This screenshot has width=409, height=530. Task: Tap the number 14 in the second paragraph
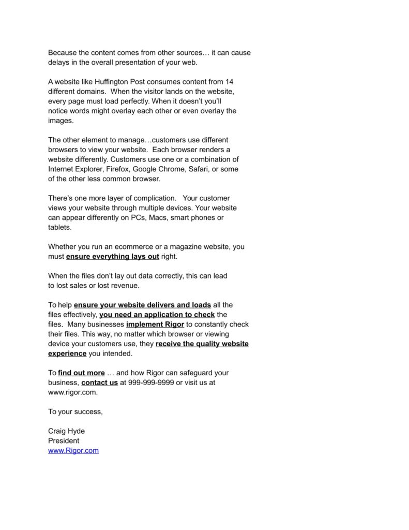(230, 82)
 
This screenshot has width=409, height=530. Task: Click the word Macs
(158, 218)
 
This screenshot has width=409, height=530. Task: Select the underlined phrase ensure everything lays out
(113, 257)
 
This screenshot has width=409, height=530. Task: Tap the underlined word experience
(67, 354)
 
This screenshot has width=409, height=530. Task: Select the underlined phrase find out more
(81, 373)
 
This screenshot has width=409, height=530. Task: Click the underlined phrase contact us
(99, 383)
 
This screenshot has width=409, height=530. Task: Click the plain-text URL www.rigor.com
(72, 393)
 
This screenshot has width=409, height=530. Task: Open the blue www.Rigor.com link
(73, 451)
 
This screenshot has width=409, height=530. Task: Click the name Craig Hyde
(66, 431)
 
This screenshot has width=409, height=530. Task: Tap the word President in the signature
(64, 441)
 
